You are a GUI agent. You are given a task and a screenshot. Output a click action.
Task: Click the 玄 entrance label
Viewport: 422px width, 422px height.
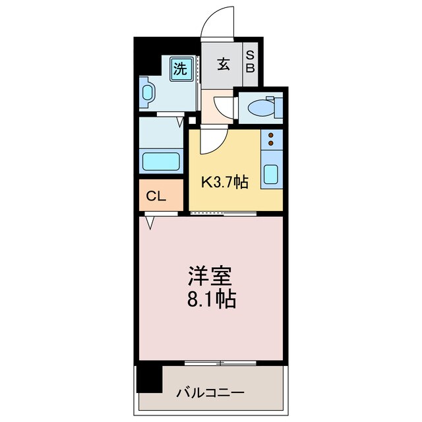[x=224, y=65]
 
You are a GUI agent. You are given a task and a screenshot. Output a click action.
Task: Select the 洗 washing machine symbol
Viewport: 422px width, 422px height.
[x=181, y=67]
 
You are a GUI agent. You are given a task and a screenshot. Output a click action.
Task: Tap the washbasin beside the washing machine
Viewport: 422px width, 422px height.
[x=147, y=92]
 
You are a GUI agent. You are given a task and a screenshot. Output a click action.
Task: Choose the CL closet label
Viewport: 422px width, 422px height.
[x=156, y=196]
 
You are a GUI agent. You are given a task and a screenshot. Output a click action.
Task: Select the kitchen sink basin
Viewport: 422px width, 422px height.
[x=271, y=174]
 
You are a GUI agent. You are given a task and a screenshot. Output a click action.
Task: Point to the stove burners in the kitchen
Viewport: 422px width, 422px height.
[x=271, y=140]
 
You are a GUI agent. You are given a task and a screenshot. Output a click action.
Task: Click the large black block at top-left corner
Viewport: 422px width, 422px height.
[x=148, y=56]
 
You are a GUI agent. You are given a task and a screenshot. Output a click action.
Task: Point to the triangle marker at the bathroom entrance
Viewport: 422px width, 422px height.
[x=179, y=121]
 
